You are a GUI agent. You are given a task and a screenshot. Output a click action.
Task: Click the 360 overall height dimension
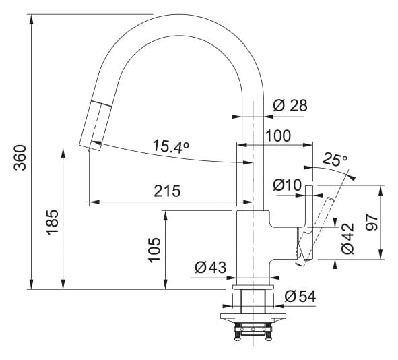(x=20, y=158)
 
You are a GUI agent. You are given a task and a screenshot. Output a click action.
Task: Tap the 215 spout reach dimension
(x=167, y=191)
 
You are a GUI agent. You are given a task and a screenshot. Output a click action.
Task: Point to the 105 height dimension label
(x=154, y=249)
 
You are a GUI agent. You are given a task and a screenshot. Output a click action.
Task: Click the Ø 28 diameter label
(x=290, y=105)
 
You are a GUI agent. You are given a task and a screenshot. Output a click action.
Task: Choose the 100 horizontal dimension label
(x=278, y=136)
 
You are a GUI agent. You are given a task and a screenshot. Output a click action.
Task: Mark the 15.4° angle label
(x=171, y=147)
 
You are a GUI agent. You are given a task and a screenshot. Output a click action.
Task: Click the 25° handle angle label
(x=335, y=159)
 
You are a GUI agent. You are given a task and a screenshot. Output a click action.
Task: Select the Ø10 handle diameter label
(x=287, y=185)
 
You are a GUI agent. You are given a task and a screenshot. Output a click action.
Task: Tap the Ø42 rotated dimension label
(x=347, y=238)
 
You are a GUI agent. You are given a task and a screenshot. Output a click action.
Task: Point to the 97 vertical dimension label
(x=372, y=222)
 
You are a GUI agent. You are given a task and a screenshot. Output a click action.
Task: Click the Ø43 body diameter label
(x=210, y=267)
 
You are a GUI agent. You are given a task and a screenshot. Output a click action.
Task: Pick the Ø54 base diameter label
(x=300, y=296)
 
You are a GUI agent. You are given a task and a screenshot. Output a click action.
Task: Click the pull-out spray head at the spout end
(x=96, y=125)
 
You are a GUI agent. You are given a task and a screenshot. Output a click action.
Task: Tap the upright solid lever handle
(x=309, y=222)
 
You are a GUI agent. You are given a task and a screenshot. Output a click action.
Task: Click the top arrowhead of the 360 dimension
(x=31, y=20)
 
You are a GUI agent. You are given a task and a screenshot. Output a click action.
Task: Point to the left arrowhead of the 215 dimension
(x=94, y=202)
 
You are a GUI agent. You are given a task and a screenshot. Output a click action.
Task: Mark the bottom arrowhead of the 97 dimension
(x=380, y=255)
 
